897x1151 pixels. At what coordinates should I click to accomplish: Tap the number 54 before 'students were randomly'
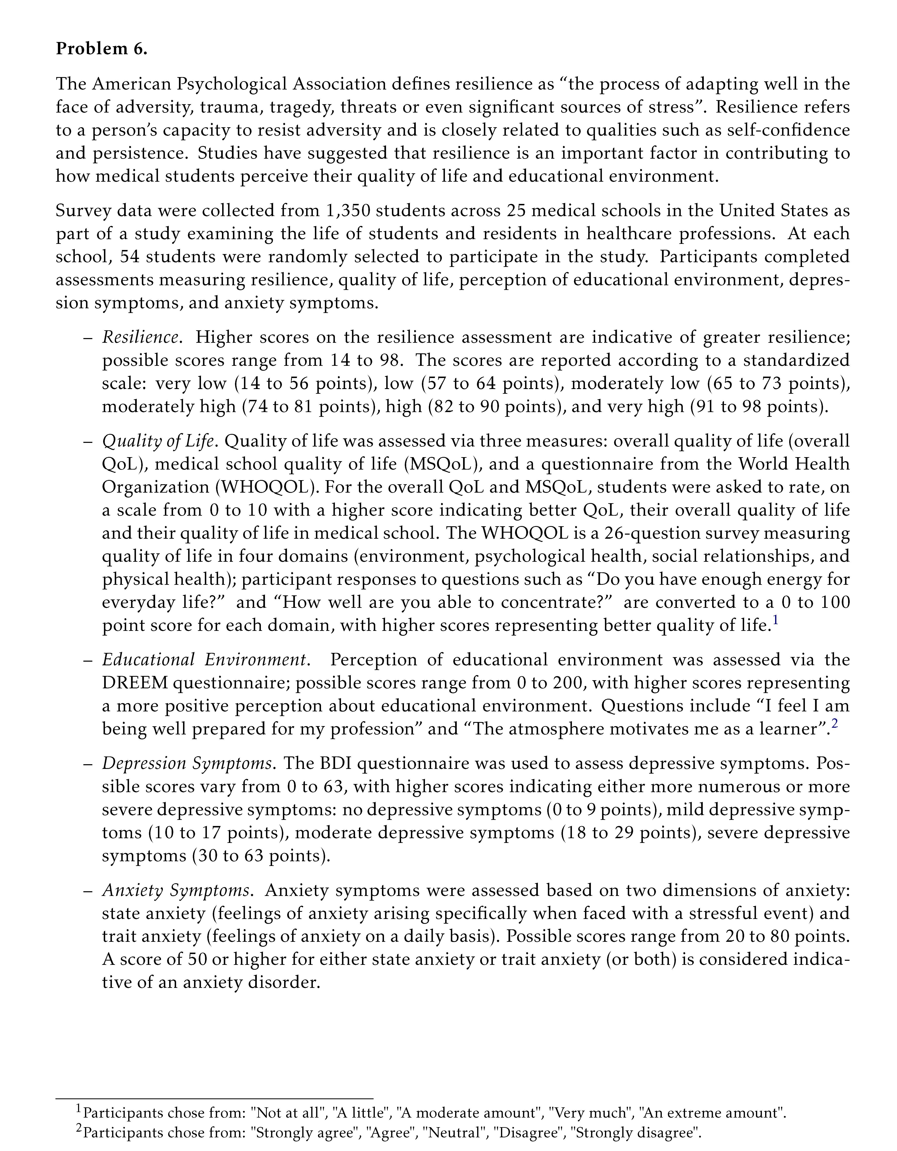click(x=130, y=257)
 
